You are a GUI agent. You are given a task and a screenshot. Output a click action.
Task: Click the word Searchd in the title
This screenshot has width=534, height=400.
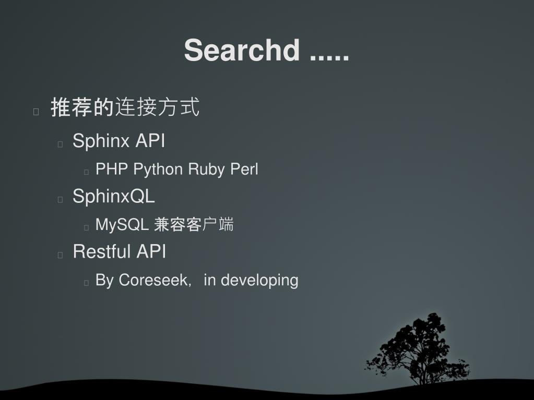(x=242, y=51)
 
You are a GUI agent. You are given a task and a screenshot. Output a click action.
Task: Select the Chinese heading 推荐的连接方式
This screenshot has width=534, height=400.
(x=125, y=107)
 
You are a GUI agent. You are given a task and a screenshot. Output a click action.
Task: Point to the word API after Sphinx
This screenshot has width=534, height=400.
(x=150, y=141)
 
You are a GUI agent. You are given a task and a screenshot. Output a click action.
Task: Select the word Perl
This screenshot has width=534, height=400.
(x=244, y=169)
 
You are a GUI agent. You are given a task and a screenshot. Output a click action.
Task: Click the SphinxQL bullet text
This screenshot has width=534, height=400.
(x=114, y=197)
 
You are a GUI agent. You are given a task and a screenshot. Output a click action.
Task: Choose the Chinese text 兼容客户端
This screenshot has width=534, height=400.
(x=194, y=225)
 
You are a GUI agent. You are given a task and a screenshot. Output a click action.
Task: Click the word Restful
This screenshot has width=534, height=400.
(x=102, y=251)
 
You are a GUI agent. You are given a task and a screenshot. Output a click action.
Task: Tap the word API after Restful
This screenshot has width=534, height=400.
(x=151, y=251)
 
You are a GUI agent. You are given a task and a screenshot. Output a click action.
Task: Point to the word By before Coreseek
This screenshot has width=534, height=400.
(x=104, y=280)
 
